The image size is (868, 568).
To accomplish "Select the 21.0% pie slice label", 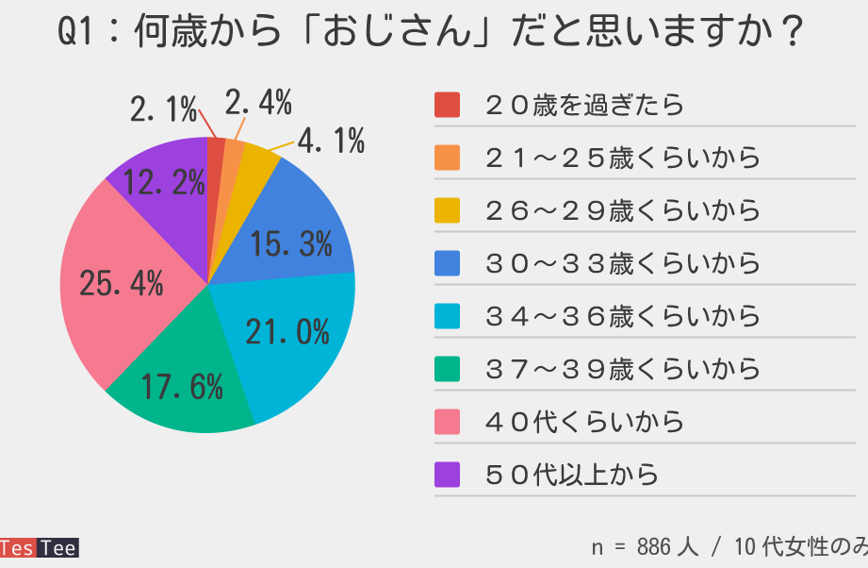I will click(287, 332).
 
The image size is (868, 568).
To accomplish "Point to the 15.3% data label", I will click(291, 245).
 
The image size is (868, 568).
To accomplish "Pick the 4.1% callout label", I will click(331, 142).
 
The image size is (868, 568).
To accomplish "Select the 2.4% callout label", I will click(258, 102).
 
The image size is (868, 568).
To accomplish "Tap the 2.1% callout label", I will click(163, 110).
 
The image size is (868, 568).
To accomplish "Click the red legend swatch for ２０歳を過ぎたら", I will click(447, 105).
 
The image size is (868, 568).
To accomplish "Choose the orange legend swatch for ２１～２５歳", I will click(447, 158).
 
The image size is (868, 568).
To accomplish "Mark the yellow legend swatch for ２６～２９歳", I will click(447, 210).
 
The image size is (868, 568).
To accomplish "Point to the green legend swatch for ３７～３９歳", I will click(447, 369).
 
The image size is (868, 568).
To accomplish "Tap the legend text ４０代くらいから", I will click(584, 422).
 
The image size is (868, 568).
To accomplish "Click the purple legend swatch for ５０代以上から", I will click(447, 475).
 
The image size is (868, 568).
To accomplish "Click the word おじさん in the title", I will click(396, 35).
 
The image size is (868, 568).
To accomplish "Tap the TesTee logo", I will click(39, 548).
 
